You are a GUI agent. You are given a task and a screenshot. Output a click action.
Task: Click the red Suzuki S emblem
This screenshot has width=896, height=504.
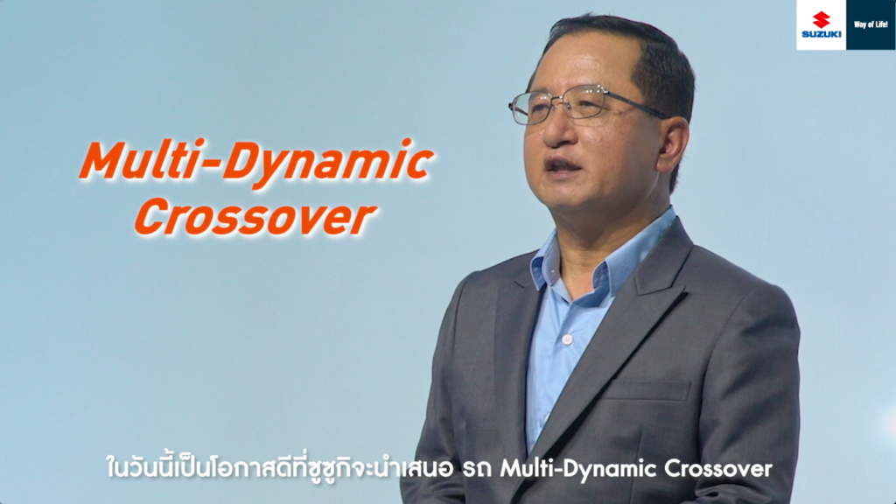point(821,19)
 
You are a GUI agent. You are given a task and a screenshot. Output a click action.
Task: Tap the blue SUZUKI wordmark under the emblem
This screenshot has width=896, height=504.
point(821,34)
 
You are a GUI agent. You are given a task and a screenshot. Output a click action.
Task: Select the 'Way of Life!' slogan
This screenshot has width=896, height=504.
point(871,24)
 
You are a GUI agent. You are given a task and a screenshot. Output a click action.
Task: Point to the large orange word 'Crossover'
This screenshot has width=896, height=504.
point(255,218)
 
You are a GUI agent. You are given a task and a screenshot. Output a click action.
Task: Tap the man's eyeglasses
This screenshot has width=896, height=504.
point(589,104)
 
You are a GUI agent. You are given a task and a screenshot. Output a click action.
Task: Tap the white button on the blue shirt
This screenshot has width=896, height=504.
point(567,339)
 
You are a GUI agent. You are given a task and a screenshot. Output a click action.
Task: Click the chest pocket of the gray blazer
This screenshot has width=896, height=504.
point(647,390)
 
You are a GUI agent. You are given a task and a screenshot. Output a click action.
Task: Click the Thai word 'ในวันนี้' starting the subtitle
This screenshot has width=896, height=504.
point(147,468)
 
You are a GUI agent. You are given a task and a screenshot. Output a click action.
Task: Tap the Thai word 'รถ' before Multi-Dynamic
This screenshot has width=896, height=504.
point(477,470)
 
